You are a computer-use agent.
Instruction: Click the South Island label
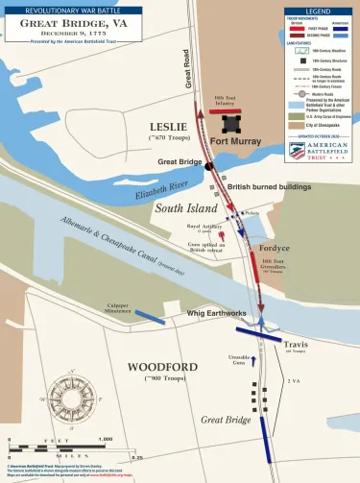coord(171,206)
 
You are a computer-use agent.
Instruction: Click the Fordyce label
coord(275,248)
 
